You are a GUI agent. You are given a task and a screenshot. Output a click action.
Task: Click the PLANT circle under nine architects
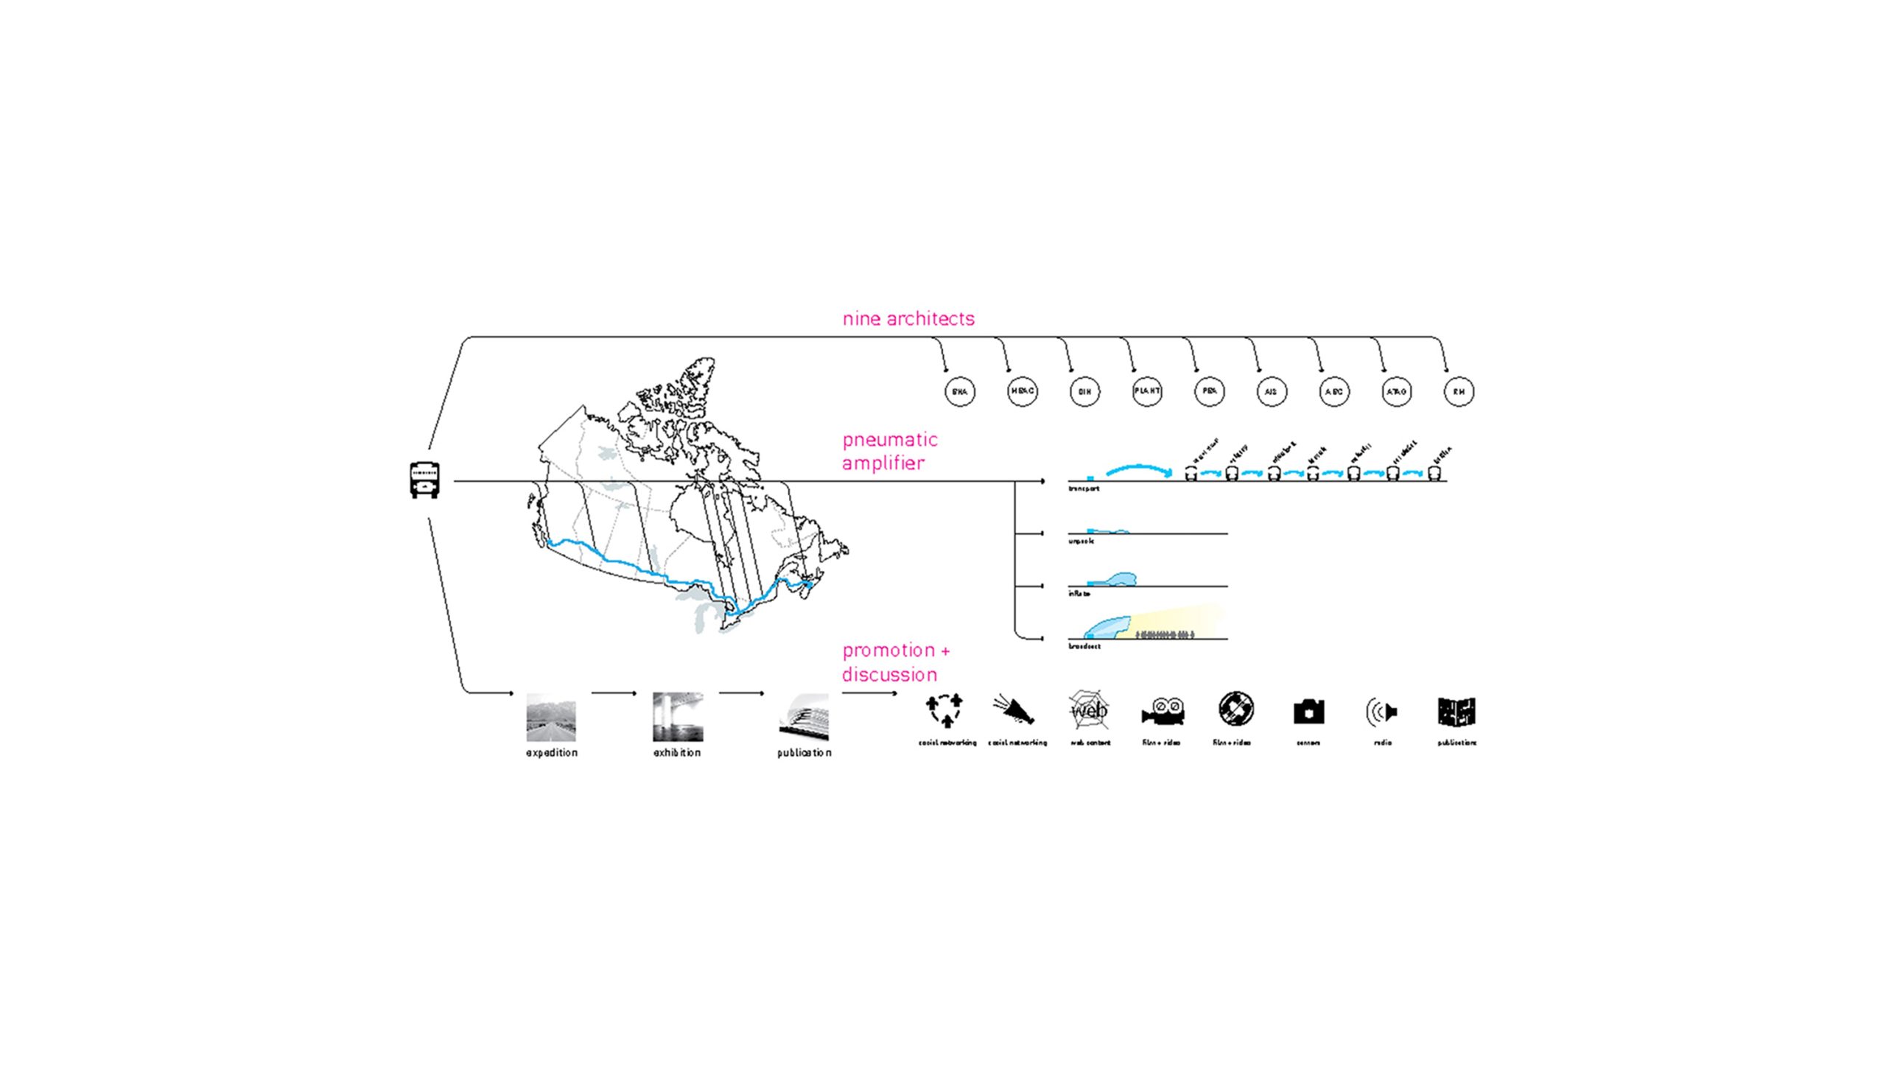pos(1147,391)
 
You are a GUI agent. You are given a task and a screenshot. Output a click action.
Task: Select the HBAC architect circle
pos(1022,391)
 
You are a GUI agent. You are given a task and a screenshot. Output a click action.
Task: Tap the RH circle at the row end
pos(1459,392)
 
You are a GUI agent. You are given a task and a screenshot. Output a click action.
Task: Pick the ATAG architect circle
pos(1396,392)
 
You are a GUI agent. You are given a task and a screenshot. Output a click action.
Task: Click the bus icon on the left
pos(424,480)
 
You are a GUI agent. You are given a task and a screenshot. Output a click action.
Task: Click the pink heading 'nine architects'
pos(908,318)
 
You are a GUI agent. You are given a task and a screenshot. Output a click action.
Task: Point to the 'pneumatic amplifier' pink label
pos(889,451)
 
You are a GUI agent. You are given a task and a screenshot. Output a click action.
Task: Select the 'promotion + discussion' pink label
pos(895,662)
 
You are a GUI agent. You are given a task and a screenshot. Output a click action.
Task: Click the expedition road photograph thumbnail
pos(551,717)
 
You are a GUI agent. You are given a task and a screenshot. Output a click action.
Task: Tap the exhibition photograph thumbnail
pos(678,717)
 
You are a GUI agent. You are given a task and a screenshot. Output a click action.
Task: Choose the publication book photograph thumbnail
pos(804,717)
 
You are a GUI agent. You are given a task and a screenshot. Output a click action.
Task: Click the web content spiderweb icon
pos(1088,710)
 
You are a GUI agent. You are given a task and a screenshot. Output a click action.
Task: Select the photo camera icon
pos(1308,712)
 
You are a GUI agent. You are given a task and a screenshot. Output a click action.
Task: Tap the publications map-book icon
pos(1456,712)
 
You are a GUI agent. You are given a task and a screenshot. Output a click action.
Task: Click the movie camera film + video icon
pos(1163,712)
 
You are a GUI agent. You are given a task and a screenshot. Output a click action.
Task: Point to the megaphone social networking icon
pos(1014,710)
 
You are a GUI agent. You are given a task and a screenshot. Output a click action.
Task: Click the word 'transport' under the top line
pos(1083,488)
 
